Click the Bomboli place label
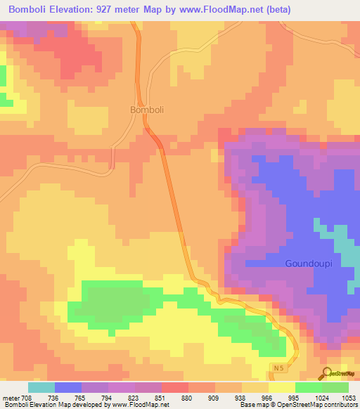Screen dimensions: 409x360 (x=147, y=110)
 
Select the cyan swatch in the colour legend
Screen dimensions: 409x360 (x=41, y=387)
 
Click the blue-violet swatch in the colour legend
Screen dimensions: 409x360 (x=68, y=387)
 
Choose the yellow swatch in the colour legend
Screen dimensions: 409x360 (x=282, y=387)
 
